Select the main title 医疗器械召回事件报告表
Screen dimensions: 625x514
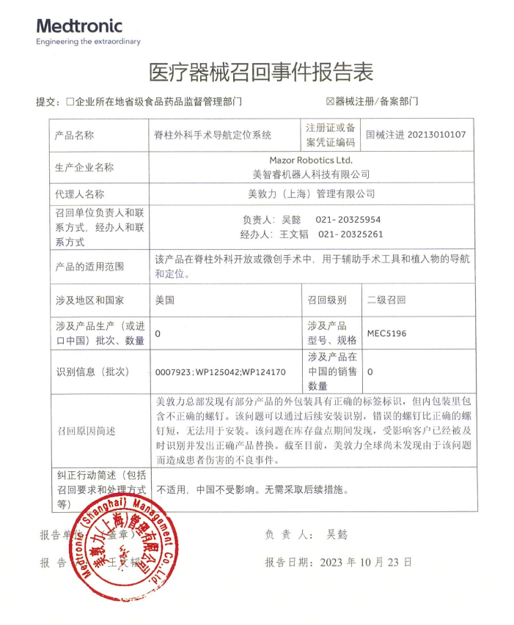pyautogui.click(x=261, y=72)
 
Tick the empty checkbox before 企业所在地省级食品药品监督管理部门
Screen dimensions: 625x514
pyautogui.click(x=70, y=102)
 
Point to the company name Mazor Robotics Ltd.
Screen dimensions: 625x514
pyautogui.click(x=311, y=160)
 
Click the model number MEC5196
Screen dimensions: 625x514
pyautogui.click(x=387, y=333)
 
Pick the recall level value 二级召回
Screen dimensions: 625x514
pyautogui.click(x=386, y=300)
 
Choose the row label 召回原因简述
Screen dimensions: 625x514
pyautogui.click(x=86, y=432)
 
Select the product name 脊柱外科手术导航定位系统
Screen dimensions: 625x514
pyautogui.click(x=213, y=135)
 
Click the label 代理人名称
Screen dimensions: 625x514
pyautogui.click(x=80, y=194)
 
